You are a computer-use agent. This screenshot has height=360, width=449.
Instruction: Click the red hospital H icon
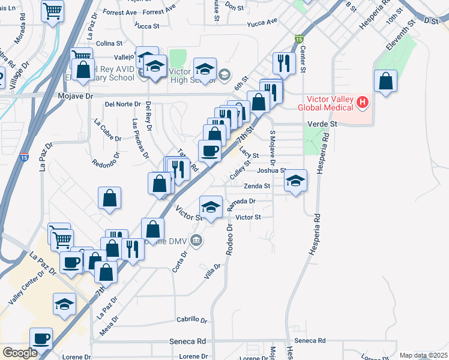(362, 103)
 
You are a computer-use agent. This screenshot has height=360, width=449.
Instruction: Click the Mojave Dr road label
(76, 95)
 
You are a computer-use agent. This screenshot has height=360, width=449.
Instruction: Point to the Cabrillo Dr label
(191, 320)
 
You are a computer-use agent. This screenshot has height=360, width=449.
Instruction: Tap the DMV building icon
(196, 241)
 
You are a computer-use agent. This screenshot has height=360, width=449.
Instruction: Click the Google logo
(20, 353)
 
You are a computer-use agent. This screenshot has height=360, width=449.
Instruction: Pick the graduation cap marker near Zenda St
(295, 180)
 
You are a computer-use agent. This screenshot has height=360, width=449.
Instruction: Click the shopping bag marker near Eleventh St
(385, 81)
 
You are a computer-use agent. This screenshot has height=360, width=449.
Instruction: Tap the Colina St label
(109, 43)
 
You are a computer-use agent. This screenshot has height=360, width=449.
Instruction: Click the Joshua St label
(271, 170)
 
